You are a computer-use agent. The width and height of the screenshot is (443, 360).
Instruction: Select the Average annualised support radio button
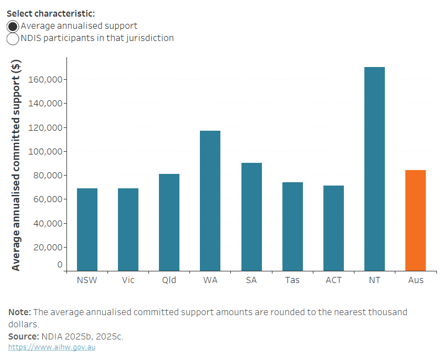click(13, 26)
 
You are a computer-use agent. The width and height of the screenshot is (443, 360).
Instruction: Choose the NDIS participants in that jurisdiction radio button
click(13, 39)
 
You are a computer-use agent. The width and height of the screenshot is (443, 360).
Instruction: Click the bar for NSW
click(87, 229)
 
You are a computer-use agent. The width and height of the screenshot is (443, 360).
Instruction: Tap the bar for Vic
click(128, 229)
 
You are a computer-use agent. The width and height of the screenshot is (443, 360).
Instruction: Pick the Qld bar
click(169, 222)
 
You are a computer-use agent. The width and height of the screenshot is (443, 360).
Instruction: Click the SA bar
click(251, 217)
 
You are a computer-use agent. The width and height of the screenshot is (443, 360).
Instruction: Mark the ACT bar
click(333, 228)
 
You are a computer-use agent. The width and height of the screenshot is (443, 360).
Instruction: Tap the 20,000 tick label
click(47, 248)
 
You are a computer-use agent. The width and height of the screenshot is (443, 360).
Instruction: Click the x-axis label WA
click(210, 280)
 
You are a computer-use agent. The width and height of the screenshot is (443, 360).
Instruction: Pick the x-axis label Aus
click(416, 280)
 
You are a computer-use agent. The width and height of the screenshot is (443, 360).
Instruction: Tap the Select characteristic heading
click(51, 13)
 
